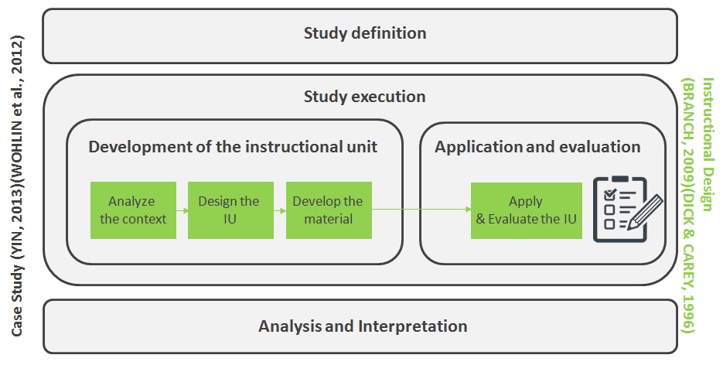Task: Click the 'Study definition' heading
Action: [x=365, y=33]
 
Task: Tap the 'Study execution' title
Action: [x=364, y=97]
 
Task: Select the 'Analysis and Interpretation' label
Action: [x=363, y=326]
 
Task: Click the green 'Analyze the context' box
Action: [x=133, y=210]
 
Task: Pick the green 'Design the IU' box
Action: [x=230, y=210]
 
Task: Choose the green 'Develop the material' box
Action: [x=329, y=210]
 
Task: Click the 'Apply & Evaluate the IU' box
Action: [x=526, y=210]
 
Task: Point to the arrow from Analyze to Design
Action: [x=182, y=210]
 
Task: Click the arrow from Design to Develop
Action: [x=280, y=210]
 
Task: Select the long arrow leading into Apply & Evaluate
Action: [x=421, y=210]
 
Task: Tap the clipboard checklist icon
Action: [x=627, y=210]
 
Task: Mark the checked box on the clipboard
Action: [x=609, y=195]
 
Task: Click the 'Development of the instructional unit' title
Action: [x=233, y=147]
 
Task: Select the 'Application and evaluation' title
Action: [x=537, y=147]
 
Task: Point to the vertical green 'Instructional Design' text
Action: [x=708, y=145]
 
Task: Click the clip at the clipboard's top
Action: [x=619, y=179]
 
